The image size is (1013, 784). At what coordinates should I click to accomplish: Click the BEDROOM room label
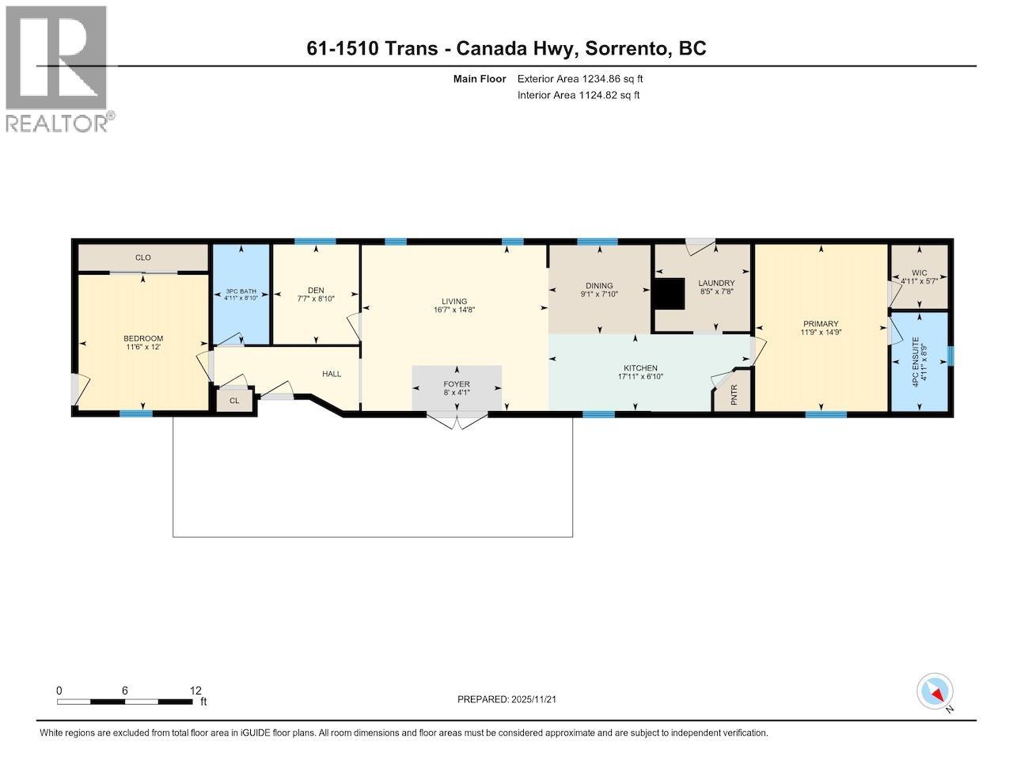143,338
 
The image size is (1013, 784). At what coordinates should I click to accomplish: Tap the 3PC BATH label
241,292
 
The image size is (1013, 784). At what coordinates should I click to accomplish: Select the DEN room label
317,289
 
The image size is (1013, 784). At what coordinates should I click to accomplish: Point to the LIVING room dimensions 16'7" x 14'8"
454,310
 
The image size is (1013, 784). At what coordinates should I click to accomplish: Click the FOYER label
456,384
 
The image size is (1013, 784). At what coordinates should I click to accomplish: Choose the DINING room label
599,286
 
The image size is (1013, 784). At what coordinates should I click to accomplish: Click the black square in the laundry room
669,295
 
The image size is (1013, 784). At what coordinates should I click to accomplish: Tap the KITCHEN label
640,368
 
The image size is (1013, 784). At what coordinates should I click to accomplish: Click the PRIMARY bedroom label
820,324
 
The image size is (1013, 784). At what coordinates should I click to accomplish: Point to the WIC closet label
919,273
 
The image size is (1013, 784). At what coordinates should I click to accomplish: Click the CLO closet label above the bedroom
142,257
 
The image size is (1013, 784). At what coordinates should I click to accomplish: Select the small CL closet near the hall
234,401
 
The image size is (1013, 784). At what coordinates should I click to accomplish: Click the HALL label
332,374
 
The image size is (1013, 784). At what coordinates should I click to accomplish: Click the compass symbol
935,691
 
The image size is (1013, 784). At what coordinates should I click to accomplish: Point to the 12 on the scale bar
195,691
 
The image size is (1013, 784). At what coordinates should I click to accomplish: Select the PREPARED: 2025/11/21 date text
512,699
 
